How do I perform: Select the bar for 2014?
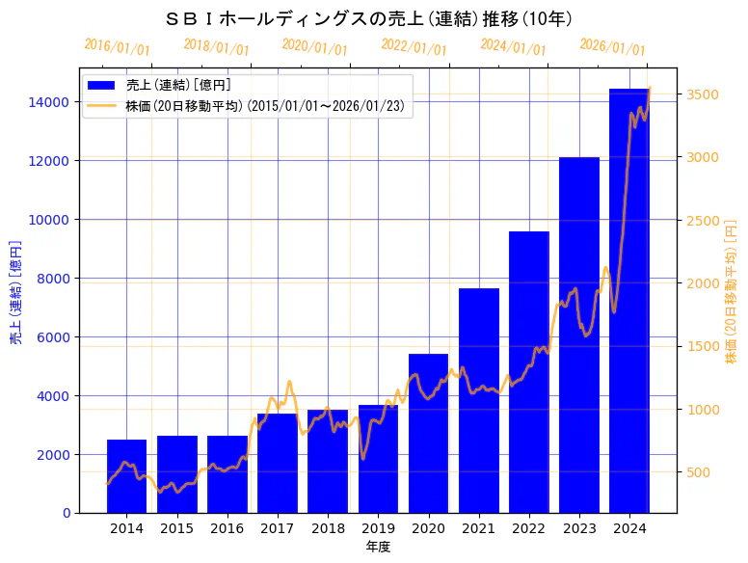126,476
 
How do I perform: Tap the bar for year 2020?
428,433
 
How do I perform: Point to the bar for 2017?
278,463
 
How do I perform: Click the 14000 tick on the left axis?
49,102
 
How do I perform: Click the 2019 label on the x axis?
378,528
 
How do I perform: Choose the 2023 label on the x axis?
579,528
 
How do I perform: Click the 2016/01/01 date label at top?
118,47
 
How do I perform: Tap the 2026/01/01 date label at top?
613,47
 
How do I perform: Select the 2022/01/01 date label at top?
414,47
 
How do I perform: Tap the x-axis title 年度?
378,547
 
